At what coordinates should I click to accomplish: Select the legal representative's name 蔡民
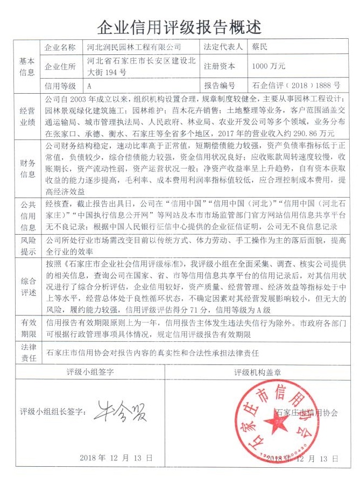click(262, 47)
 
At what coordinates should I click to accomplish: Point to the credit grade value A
click(89, 85)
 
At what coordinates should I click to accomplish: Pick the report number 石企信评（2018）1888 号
click(296, 85)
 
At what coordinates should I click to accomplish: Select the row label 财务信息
click(27, 167)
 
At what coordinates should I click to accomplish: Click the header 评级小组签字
click(90, 372)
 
